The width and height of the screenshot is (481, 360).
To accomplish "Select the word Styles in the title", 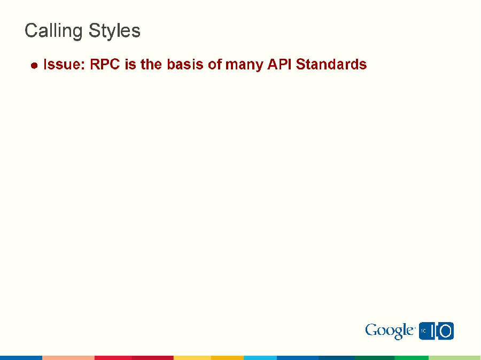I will pos(114,30).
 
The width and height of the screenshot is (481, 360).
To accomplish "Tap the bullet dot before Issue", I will pos(34,66).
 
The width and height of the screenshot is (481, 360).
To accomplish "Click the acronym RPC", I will pos(105,65).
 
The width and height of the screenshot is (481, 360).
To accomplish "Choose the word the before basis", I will pos(151,65).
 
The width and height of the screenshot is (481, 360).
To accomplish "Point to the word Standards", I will pos(331,65).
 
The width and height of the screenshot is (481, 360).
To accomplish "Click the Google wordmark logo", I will pos(390,331).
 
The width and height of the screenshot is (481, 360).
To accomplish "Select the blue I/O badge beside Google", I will pos(436,331).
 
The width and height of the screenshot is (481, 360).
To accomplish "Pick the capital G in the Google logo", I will pos(371,330).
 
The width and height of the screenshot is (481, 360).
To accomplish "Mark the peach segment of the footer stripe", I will pos(68,357).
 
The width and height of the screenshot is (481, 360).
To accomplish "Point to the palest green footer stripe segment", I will pos(454,357).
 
